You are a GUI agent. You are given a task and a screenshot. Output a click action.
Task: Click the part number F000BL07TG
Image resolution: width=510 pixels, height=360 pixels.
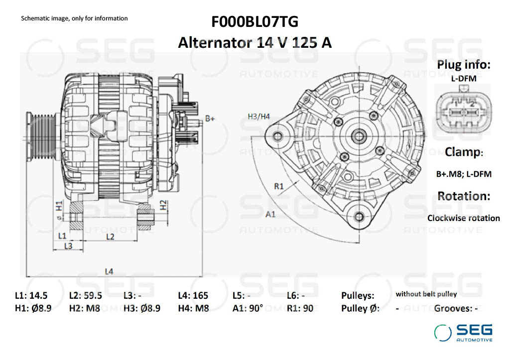coord(255,22)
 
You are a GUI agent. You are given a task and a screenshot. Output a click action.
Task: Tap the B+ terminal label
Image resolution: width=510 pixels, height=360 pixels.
coord(210,119)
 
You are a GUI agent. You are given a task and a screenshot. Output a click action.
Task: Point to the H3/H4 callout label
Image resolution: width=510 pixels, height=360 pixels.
coord(258,117)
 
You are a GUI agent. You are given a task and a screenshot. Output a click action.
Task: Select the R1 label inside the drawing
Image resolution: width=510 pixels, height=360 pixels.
coord(279,186)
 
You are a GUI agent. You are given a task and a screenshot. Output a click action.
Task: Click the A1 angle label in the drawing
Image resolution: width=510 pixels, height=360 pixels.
coord(271,214)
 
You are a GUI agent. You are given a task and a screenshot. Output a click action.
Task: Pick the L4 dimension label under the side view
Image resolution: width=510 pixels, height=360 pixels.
coord(109,271)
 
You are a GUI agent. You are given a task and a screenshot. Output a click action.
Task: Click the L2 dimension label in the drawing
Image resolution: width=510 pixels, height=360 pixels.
coord(110,237)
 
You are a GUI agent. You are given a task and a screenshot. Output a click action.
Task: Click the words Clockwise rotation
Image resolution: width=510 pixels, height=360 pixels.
coord(463,218)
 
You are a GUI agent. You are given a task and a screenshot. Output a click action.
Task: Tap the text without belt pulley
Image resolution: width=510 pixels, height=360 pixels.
coord(426,294)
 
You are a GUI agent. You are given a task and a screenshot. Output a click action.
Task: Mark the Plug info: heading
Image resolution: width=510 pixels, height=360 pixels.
coord(464,64)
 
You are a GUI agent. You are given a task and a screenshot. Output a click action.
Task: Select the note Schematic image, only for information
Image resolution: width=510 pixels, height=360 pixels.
coord(74,18)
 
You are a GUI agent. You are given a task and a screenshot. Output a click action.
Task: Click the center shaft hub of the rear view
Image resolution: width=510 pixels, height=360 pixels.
coord(358,135)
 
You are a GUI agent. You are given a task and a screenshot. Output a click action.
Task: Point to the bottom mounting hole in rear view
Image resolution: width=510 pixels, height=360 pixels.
coord(359,216)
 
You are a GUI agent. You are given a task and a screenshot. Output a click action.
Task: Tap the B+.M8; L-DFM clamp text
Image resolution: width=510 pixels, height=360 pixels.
coord(464,174)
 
